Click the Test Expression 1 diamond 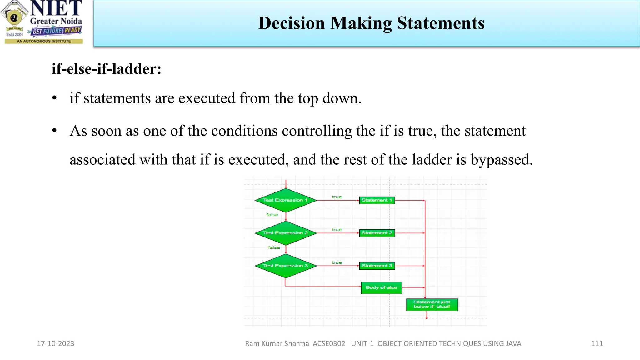point(285,200)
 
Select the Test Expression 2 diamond point(285,233)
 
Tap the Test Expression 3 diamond point(285,266)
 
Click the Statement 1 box point(377,200)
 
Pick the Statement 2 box point(377,233)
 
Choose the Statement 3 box point(377,266)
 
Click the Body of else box point(381,288)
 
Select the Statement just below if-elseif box point(432,305)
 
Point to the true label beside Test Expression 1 point(337,197)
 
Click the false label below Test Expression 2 point(274,247)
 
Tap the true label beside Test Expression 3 point(337,262)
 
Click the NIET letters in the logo point(56,8)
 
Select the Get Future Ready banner point(56,31)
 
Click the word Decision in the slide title point(291,23)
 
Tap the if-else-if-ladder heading point(106,69)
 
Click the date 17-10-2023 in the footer point(56,344)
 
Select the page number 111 point(597,344)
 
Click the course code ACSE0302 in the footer point(329,344)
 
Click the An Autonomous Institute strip point(44,41)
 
